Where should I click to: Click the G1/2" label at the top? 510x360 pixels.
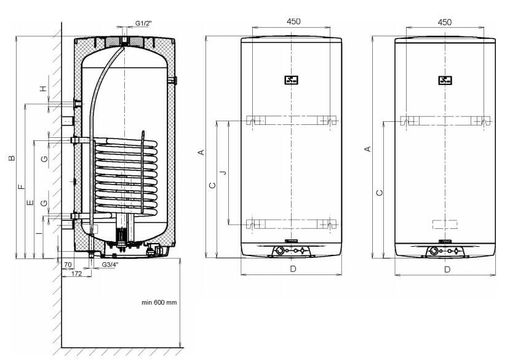pos(143,23)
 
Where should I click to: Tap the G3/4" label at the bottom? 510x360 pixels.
pos(110,265)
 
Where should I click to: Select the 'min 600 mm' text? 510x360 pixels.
pos(159,302)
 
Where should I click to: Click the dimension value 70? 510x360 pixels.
pos(68,265)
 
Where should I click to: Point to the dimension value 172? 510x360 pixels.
pos(76,273)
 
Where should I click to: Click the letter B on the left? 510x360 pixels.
pos(12,158)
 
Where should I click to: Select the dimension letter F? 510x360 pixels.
pos(22,187)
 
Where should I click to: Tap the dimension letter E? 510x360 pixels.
pos(30,202)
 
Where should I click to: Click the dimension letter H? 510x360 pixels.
pos(43,88)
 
